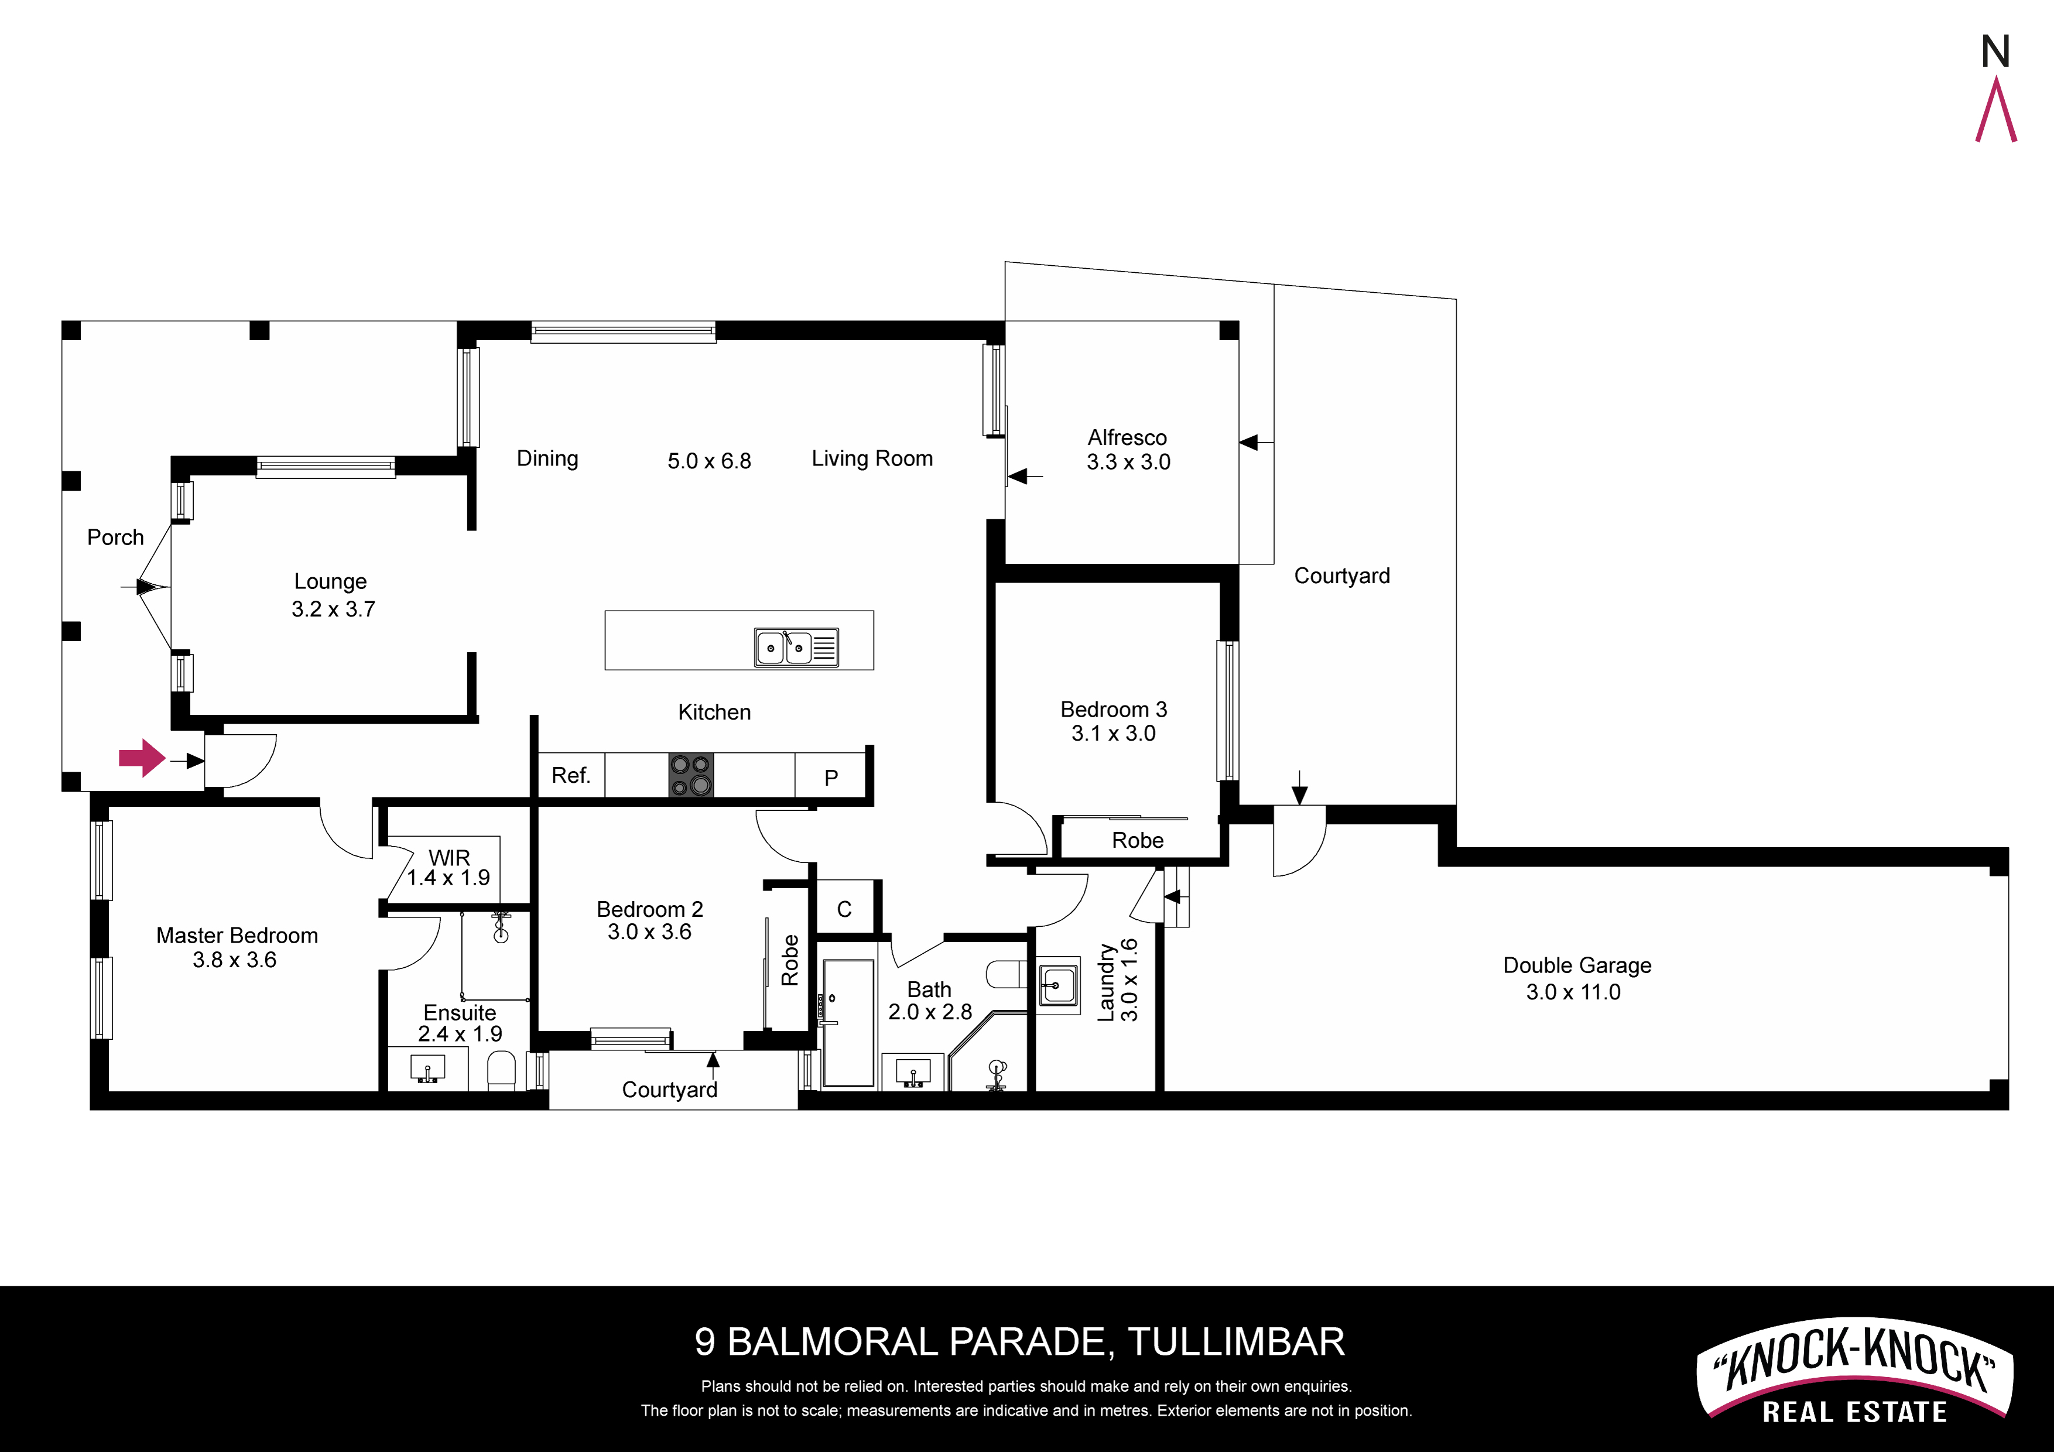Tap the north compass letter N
click(x=1995, y=52)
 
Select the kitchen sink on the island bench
click(x=796, y=647)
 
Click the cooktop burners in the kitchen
click(x=691, y=775)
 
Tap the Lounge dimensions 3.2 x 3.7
click(x=333, y=609)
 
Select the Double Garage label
click(x=1577, y=966)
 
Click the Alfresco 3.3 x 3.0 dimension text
click(x=1128, y=461)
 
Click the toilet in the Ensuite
click(x=501, y=1071)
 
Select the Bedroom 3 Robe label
click(x=1137, y=840)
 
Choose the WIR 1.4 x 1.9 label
click(x=449, y=868)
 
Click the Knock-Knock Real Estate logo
click(x=1854, y=1369)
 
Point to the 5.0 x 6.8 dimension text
click(x=710, y=461)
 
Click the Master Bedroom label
click(x=237, y=936)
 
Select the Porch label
click(x=115, y=537)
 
